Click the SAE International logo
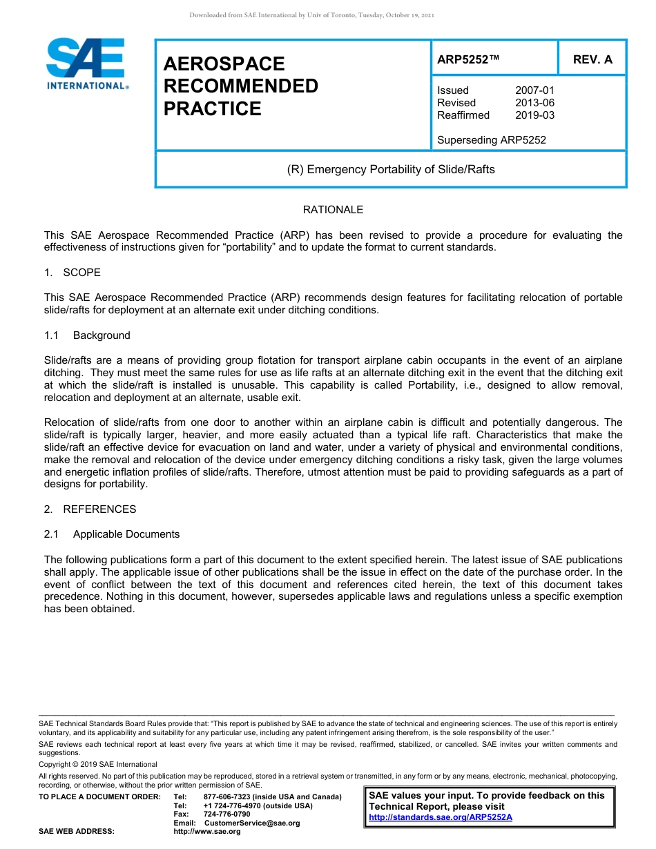click(86, 64)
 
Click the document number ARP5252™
click(468, 59)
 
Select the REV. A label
click(592, 59)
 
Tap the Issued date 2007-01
click(534, 90)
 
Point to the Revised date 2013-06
click(534, 103)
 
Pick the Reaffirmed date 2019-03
click(534, 115)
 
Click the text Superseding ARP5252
click(491, 140)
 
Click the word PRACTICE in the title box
click(212, 109)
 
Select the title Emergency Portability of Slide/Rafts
click(391, 169)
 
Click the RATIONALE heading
click(333, 210)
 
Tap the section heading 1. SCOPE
click(73, 273)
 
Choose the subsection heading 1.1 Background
click(87, 335)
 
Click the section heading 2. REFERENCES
click(90, 509)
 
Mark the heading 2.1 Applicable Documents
click(112, 534)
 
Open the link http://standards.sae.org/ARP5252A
click(441, 817)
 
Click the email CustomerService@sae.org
click(252, 823)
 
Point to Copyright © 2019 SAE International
click(98, 764)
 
